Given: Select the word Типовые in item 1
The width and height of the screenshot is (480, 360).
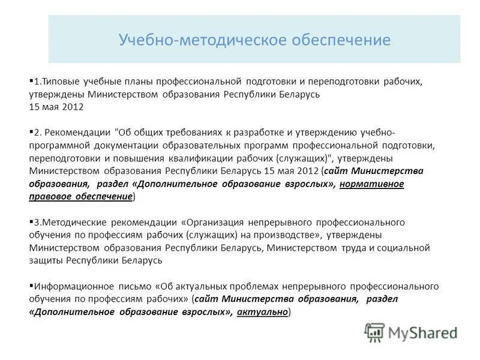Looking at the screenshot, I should (61, 80).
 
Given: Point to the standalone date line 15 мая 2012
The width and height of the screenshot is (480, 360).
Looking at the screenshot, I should (56, 107).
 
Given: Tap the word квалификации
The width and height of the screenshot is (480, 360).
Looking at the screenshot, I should (200, 158).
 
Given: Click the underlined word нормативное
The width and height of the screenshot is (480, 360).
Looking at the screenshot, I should (371, 184).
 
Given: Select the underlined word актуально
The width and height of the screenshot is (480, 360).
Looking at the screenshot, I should (263, 313).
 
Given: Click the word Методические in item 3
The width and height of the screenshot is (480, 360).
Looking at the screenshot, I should (70, 221).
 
